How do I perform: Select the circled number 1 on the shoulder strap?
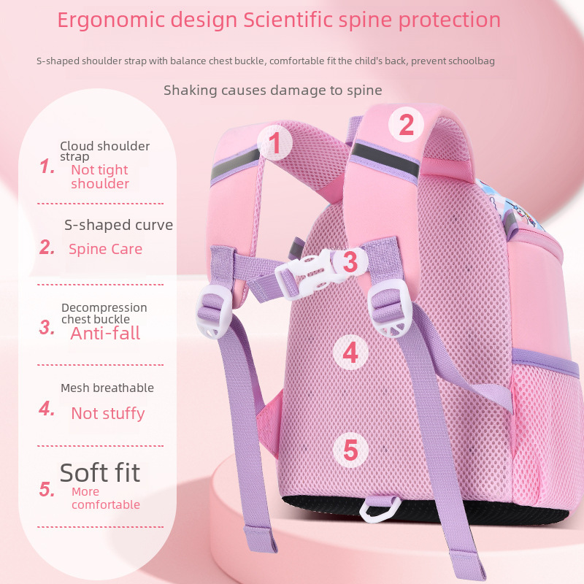pyautogui.click(x=274, y=143)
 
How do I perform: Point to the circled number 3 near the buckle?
pyautogui.click(x=350, y=261)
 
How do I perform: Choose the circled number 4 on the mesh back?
pyautogui.click(x=350, y=353)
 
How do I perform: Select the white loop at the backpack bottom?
pyautogui.click(x=381, y=508)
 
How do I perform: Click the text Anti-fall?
pyautogui.click(x=105, y=334)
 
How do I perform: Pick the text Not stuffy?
pyautogui.click(x=107, y=413)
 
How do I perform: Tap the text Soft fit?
pyautogui.click(x=100, y=472)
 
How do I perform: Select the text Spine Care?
pyautogui.click(x=105, y=249)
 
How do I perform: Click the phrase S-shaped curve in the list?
pyautogui.click(x=118, y=225)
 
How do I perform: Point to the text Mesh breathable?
pyautogui.click(x=107, y=388)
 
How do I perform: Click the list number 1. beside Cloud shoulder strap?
pyautogui.click(x=47, y=167)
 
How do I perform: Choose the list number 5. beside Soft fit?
pyautogui.click(x=47, y=490)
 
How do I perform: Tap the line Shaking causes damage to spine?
pyautogui.click(x=272, y=91)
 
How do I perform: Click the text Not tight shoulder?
pyautogui.click(x=100, y=177)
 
